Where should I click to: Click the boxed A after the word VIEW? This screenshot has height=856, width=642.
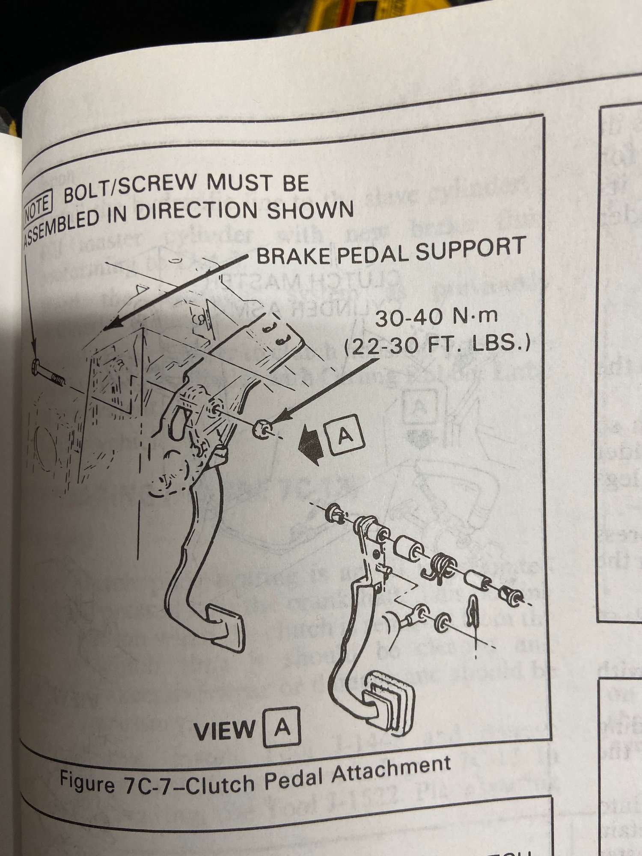(x=282, y=728)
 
